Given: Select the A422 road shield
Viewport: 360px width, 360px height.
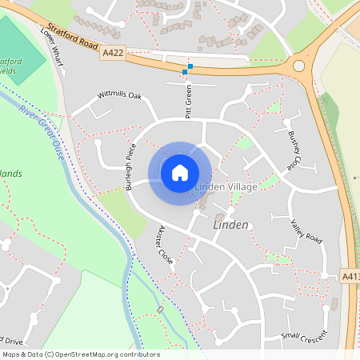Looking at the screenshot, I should [113, 52].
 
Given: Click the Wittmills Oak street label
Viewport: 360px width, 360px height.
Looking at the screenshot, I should [119, 95].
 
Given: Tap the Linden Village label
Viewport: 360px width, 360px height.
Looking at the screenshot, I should [226, 187].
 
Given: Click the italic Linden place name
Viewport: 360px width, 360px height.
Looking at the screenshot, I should [231, 226].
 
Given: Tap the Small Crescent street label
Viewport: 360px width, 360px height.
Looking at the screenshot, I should [305, 335].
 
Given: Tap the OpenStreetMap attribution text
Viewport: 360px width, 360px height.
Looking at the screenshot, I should [80, 354].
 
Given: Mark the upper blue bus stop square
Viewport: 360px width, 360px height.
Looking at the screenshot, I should [190, 66].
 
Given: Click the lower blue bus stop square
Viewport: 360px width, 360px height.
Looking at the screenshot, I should [185, 72].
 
